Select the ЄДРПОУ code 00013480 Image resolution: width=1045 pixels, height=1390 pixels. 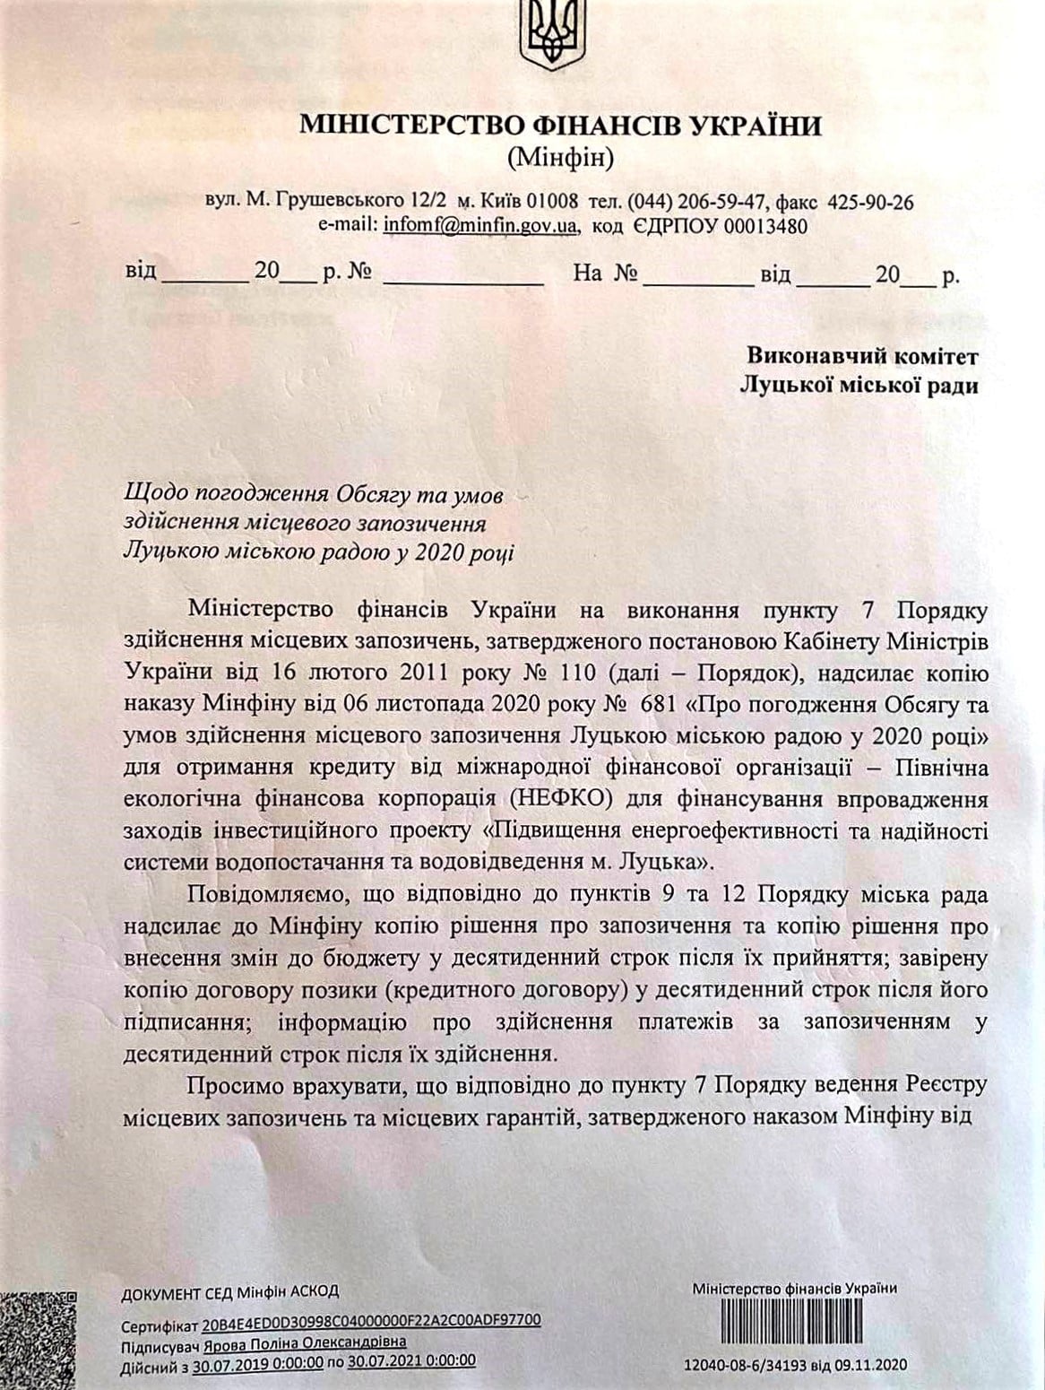click(765, 226)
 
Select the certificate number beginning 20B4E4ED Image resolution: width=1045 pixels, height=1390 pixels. click(371, 1322)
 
